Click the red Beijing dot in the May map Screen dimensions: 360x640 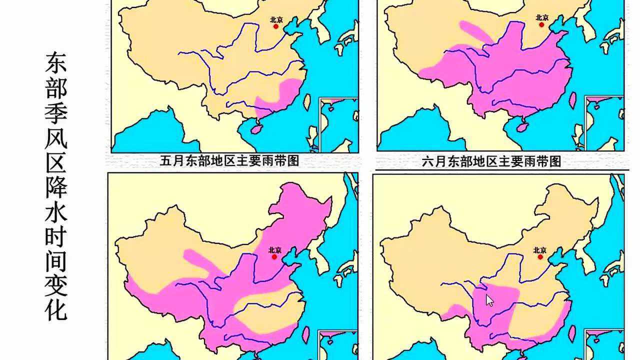[275, 26]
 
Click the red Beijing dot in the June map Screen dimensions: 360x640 [541, 24]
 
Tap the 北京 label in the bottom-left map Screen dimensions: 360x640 [274, 249]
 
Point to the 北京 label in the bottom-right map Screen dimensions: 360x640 [540, 249]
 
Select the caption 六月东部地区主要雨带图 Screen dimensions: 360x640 [491, 161]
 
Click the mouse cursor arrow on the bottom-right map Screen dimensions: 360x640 [489, 300]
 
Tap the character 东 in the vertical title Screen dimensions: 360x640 [56, 62]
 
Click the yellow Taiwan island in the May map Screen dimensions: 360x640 [307, 101]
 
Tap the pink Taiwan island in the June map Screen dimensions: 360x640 [572, 99]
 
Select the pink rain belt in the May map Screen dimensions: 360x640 [280, 98]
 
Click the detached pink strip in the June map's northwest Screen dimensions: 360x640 [475, 30]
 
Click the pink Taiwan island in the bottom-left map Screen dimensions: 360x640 [306, 334]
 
